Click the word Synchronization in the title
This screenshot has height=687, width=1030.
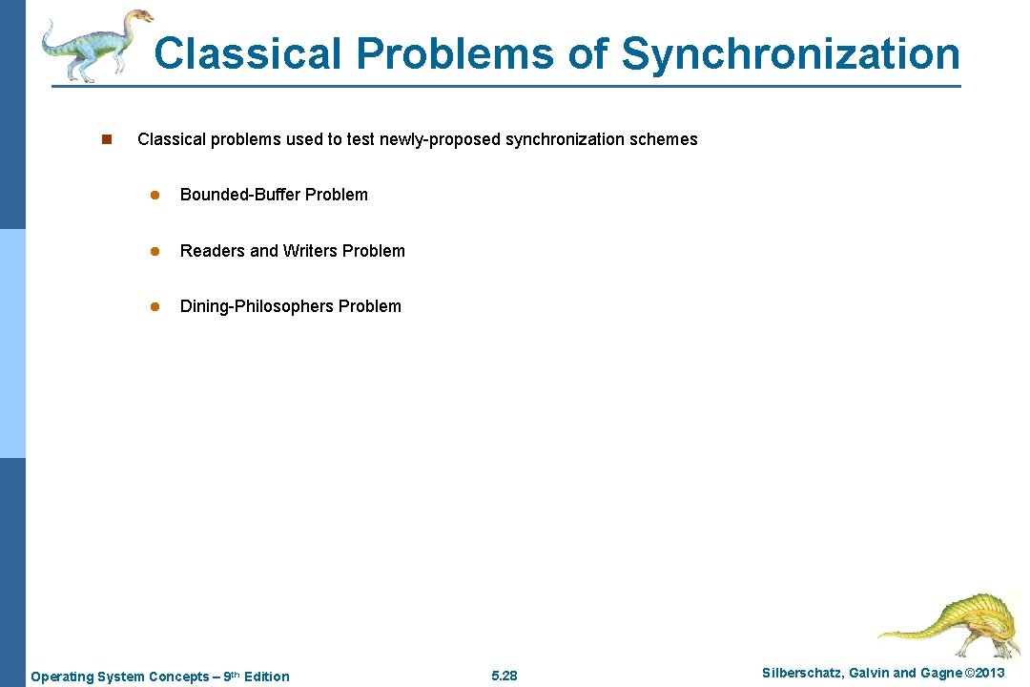click(x=791, y=53)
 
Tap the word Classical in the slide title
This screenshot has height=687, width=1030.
click(x=247, y=53)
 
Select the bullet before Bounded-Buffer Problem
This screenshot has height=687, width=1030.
click(x=152, y=195)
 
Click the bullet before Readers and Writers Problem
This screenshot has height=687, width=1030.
click(x=152, y=251)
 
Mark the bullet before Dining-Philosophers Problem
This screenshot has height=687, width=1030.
click(x=152, y=306)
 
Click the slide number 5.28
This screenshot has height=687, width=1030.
click(x=504, y=677)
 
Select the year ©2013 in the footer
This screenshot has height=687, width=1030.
click(x=985, y=674)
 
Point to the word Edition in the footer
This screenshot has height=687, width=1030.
click(x=266, y=677)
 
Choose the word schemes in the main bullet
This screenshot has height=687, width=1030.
click(x=664, y=139)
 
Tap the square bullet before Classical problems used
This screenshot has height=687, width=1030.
click(x=107, y=139)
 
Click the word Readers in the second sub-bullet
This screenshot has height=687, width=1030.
click(x=212, y=251)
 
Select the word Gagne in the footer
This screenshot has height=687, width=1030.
click(x=940, y=674)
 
